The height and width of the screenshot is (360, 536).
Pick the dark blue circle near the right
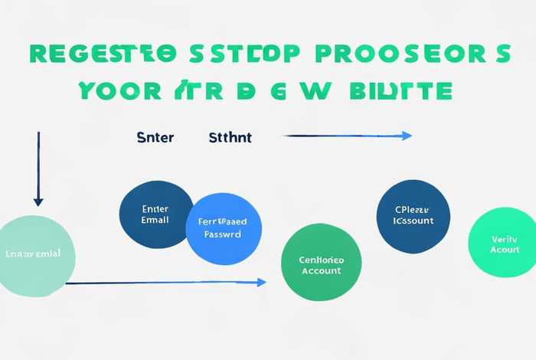(413, 215)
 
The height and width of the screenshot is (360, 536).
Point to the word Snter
(155, 138)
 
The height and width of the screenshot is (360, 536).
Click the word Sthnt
(230, 138)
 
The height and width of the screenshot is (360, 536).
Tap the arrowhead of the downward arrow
(38, 201)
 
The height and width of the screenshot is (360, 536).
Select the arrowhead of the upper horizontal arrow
(407, 136)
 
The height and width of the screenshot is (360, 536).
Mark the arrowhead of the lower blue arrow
(261, 283)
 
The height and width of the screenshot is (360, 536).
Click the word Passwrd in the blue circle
(223, 234)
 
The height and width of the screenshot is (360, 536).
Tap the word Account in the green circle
(322, 271)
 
